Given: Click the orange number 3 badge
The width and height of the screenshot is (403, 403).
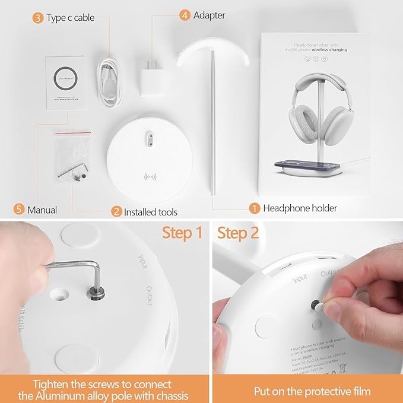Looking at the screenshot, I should [x=38, y=18].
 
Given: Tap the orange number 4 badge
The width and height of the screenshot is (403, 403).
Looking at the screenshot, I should [x=185, y=14].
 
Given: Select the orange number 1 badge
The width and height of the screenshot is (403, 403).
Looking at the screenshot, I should [x=254, y=208].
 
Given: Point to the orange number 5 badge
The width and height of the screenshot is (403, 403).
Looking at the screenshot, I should [x=19, y=210].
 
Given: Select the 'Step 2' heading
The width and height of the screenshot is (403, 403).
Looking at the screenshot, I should [x=238, y=233].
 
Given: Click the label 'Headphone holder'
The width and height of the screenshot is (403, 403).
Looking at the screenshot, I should [x=300, y=208].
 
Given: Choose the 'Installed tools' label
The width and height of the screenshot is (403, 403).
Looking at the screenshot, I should [x=151, y=211].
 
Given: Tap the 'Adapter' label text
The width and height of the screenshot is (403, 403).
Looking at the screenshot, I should [x=210, y=15].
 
